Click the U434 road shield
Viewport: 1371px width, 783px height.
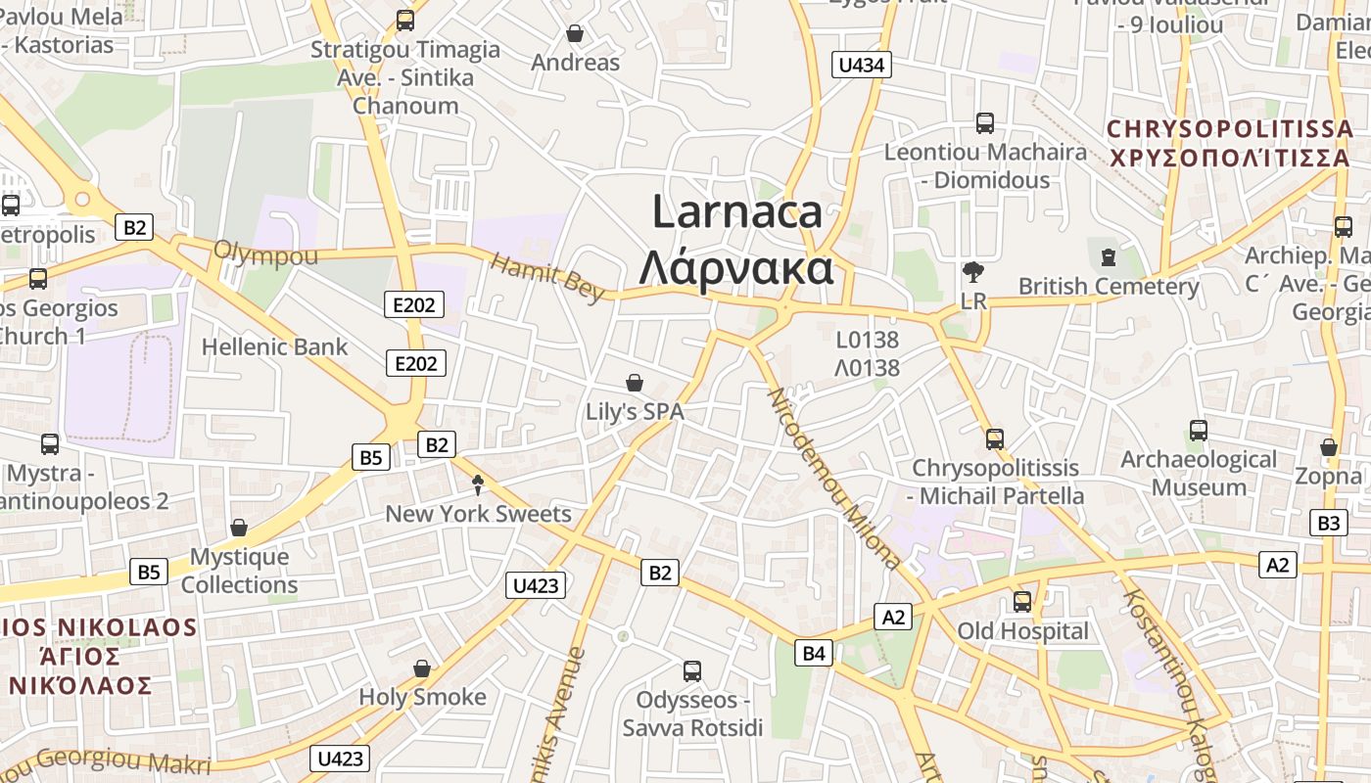862,66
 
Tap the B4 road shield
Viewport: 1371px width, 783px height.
814,653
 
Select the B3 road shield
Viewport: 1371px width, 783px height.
1328,523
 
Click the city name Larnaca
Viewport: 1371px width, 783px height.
736,212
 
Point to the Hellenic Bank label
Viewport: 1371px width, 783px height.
274,346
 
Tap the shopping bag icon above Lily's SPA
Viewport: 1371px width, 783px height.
635,382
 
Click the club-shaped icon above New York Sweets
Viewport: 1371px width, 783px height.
478,484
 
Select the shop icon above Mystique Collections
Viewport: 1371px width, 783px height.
239,528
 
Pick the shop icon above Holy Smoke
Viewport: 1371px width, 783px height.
422,668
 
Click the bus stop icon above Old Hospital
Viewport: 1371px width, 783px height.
1022,601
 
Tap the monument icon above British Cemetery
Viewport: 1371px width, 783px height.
1108,256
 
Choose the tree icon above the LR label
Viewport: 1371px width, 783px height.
973,272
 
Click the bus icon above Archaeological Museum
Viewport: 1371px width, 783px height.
1198,430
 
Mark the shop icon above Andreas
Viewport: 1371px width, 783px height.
575,33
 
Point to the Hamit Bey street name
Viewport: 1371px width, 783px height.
547,278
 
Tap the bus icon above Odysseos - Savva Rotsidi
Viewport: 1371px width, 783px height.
691,671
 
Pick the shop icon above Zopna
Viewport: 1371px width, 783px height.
1328,447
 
